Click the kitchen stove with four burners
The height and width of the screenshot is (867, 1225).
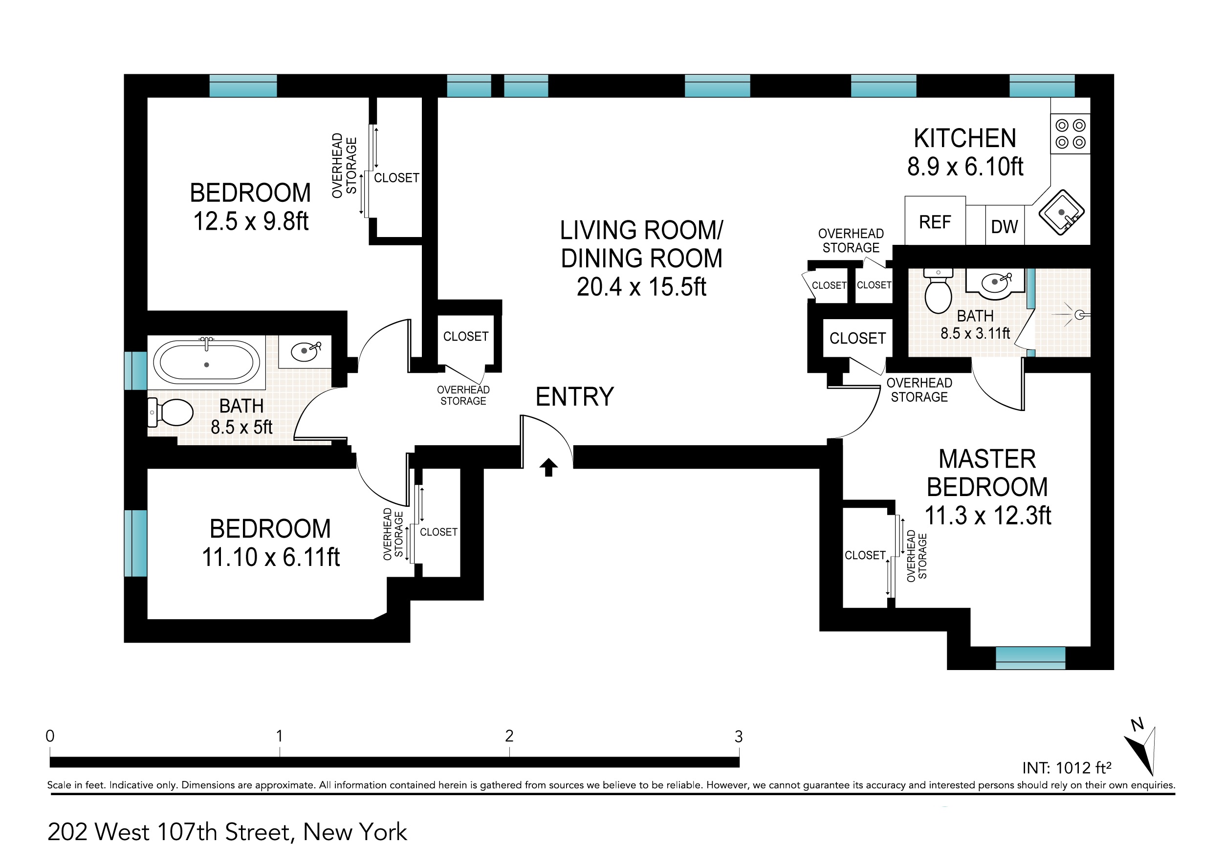tap(1070, 133)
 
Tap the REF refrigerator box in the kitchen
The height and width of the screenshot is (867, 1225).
tap(935, 221)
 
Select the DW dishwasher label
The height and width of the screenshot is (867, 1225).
tap(1005, 227)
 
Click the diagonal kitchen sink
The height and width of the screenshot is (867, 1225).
tap(1062, 213)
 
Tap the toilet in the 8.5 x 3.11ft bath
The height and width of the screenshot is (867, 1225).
tap(938, 291)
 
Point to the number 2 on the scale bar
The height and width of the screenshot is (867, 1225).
tap(509, 736)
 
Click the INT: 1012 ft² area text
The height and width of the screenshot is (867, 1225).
tap(1067, 768)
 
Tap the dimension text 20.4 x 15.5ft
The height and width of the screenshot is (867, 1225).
tap(641, 287)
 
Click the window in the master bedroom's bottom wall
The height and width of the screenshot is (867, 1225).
tap(1030, 658)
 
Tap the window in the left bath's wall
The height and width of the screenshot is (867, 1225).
tap(135, 370)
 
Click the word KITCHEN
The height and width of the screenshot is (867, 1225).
tap(965, 138)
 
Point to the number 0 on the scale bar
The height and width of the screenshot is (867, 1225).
tap(50, 736)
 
